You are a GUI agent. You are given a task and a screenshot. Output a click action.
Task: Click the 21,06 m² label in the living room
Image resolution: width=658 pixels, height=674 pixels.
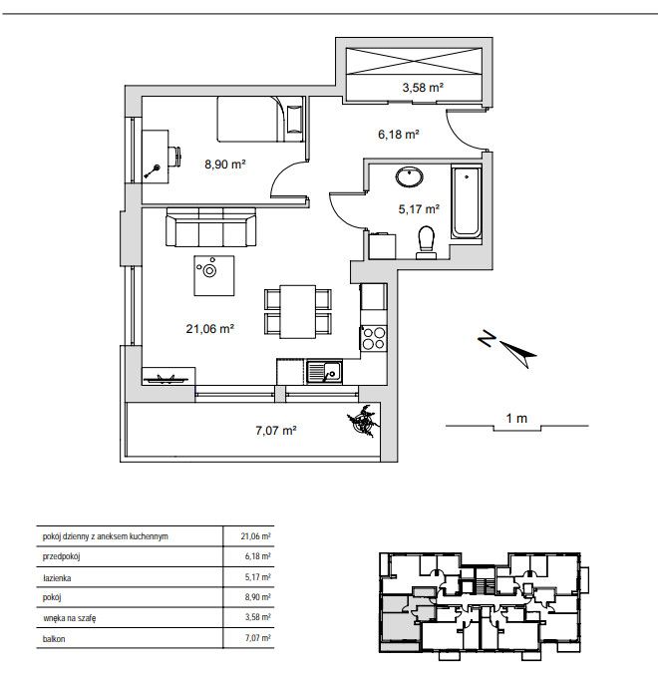[x=209, y=329]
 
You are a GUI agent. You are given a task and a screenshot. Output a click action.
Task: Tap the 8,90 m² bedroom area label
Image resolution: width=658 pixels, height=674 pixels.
[x=224, y=165]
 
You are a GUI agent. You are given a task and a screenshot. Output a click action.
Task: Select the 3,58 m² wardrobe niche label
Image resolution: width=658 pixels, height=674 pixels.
[x=423, y=88]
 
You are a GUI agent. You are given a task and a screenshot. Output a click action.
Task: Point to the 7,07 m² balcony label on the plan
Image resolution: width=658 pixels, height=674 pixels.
[x=276, y=431]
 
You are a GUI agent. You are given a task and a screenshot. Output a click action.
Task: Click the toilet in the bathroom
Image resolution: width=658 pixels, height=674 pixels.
[x=427, y=243]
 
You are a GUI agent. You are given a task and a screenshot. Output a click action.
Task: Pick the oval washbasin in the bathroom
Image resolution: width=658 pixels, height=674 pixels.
[x=409, y=176]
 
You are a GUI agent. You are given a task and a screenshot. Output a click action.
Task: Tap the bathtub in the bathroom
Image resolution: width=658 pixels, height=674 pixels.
[x=466, y=202]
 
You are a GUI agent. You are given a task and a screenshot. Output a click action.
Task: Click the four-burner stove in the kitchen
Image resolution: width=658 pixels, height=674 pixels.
[x=374, y=339]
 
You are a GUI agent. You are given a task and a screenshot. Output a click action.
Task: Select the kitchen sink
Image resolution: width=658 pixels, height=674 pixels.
[x=324, y=372]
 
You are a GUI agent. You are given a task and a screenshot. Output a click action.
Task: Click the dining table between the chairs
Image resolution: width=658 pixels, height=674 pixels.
[x=297, y=312]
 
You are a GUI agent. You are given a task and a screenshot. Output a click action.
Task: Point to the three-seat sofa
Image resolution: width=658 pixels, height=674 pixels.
[x=210, y=227]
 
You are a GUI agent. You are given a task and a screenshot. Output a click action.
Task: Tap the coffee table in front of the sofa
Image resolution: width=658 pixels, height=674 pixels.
[x=214, y=275]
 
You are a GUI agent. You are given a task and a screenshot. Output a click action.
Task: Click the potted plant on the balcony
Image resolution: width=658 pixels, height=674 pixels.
[x=364, y=421]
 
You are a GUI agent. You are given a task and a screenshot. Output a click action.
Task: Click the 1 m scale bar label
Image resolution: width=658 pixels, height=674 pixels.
[x=516, y=418]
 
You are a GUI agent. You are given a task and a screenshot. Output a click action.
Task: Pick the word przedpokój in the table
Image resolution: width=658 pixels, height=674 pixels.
[x=61, y=556]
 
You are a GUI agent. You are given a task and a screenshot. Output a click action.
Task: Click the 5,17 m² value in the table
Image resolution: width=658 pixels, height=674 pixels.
[x=258, y=577]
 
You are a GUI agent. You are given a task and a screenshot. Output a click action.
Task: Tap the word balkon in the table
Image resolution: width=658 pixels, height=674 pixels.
[x=54, y=639]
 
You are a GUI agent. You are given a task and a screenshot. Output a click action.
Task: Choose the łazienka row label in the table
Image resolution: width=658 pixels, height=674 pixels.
[x=57, y=577]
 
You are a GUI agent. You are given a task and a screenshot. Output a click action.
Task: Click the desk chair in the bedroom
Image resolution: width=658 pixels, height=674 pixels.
[x=174, y=157]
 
